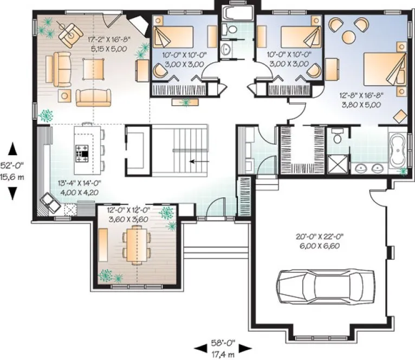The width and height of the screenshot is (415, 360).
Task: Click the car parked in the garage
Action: (x=319, y=286)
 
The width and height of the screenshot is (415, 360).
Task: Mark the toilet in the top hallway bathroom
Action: (x=231, y=29)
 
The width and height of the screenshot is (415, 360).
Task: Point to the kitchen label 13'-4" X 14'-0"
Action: (x=78, y=188)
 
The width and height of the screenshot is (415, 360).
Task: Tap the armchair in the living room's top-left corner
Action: (x=67, y=34)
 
